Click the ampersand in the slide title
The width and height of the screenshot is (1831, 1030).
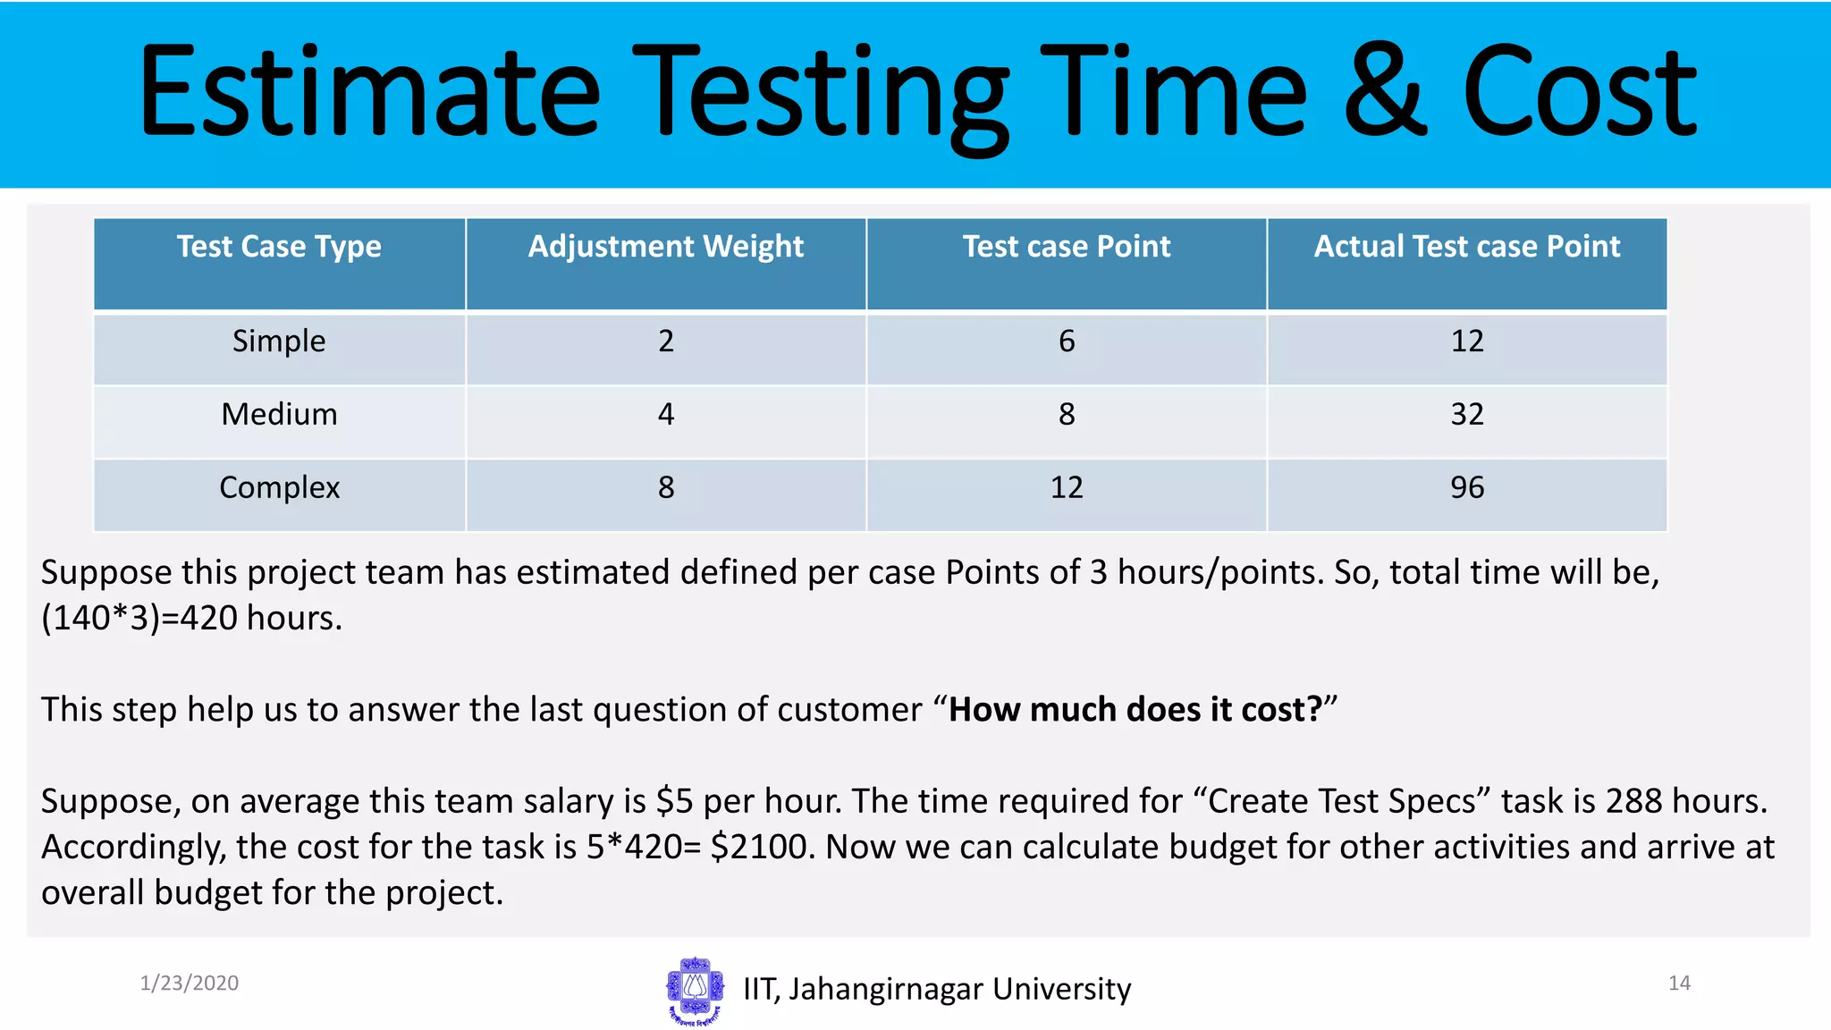pyautogui.click(x=1384, y=93)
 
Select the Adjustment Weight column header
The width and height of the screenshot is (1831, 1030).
pyautogui.click(x=665, y=247)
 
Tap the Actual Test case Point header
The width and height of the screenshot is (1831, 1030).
pyautogui.click(x=1466, y=247)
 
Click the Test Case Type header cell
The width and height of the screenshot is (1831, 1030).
pyautogui.click(x=279, y=247)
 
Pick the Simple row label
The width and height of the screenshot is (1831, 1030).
pyautogui.click(x=279, y=341)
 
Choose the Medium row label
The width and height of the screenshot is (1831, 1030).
pyautogui.click(x=279, y=414)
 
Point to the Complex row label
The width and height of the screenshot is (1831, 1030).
pyautogui.click(x=279, y=487)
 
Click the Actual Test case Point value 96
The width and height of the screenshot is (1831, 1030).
pyautogui.click(x=1466, y=487)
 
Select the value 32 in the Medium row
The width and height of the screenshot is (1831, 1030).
pyautogui.click(x=1466, y=414)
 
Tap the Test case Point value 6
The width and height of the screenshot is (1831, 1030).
pyautogui.click(x=1066, y=341)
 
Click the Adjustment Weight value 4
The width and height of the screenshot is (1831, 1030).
pyautogui.click(x=665, y=414)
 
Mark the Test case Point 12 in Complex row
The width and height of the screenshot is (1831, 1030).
pyautogui.click(x=1066, y=487)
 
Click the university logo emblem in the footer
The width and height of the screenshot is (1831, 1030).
pyautogui.click(x=695, y=989)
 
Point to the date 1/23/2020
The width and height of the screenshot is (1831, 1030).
pyautogui.click(x=189, y=984)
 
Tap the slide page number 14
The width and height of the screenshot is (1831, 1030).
pyautogui.click(x=1679, y=984)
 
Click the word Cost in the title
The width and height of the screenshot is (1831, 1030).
pyautogui.click(x=1579, y=93)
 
